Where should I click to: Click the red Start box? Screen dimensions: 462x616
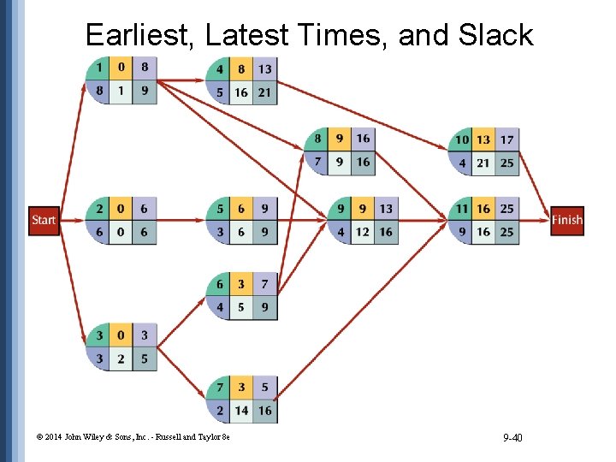[x=44, y=220]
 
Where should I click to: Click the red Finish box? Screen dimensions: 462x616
[x=567, y=220]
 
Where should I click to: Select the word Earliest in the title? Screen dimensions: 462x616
[x=141, y=35]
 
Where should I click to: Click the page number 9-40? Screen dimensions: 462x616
[x=513, y=438]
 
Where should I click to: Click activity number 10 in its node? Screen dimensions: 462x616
[x=462, y=139]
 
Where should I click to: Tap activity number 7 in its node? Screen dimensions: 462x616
[x=220, y=388]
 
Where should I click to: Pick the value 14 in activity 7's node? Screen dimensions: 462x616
[x=242, y=411]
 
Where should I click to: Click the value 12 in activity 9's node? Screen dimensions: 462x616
[x=364, y=232]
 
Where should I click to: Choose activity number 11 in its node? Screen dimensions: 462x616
[x=462, y=209]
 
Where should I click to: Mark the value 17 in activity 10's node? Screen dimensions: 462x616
[x=506, y=139]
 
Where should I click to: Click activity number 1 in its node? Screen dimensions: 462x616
[x=99, y=68]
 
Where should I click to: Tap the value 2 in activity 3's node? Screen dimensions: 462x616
[x=121, y=358]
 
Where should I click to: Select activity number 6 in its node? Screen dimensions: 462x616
[x=220, y=284]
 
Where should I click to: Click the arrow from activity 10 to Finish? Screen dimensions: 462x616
[x=535, y=183]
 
